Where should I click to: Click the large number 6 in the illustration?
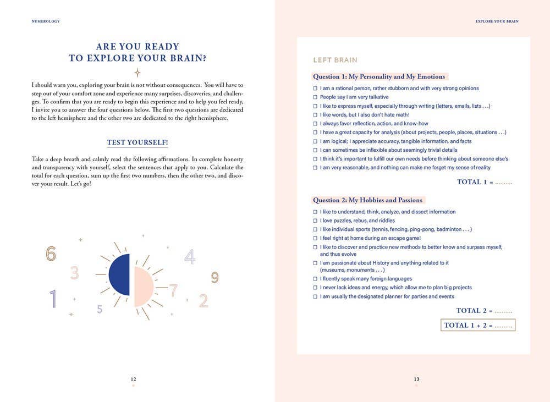coord(51,254)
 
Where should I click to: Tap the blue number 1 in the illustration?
coord(53,299)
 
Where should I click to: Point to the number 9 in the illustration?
coord(215,278)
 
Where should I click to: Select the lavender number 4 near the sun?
coord(190,257)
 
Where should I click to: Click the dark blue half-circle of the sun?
coord(120,274)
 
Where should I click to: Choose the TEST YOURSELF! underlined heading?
coord(137,142)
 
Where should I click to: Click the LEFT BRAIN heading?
coord(335,60)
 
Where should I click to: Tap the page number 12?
coord(133,379)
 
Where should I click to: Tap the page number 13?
coord(416,379)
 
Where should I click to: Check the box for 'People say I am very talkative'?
coord(315,97)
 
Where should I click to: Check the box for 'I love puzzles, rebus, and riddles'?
coord(315,221)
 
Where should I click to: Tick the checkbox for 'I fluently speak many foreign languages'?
coord(315,279)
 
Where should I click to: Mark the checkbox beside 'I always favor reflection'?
coord(315,124)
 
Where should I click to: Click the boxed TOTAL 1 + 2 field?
coord(478,325)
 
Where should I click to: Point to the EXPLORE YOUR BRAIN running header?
coord(497,21)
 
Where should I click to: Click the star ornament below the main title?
coord(137,73)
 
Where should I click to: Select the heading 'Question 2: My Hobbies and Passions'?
coord(368,200)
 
